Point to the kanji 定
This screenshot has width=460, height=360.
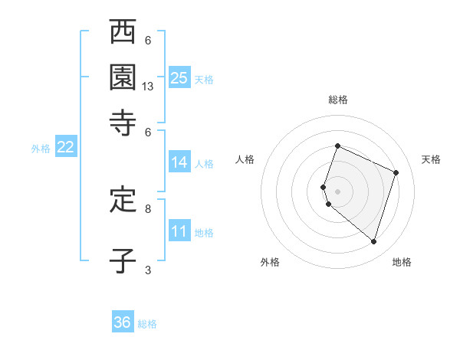coord(123,201)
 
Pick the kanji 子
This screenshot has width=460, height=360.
coord(123,260)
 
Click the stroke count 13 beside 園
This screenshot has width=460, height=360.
coord(148,87)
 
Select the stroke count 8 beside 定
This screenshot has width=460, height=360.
coord(148,208)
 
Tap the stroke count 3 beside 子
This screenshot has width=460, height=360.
coord(148,270)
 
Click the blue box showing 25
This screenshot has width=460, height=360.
coord(179,77)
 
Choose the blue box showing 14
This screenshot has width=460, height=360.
coord(179,162)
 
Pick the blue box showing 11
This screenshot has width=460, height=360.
coord(179,231)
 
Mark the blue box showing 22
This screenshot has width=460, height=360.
coord(65,148)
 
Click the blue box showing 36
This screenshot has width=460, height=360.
coord(123,322)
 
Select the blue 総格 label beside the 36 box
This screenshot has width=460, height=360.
coord(147,324)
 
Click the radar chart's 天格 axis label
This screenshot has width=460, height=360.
coord(431,159)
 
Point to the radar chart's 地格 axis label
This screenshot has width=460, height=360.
coord(402,262)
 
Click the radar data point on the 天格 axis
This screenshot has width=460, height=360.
coord(396,172)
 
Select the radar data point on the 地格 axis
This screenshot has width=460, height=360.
coord(373,241)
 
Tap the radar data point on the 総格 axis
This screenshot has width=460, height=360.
coord(337,146)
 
